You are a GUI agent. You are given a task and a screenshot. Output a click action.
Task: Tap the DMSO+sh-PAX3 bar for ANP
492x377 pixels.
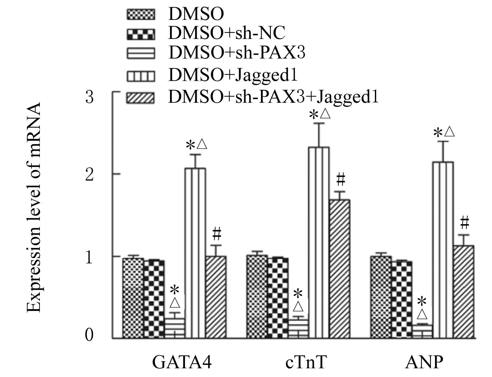[x=422, y=332]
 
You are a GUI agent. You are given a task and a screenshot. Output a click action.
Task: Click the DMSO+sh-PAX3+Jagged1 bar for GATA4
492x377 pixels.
[x=216, y=297]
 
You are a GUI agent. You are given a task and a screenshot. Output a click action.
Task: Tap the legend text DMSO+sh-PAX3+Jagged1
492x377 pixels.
[x=273, y=97]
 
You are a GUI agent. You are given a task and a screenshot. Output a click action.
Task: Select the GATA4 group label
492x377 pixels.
[x=182, y=362]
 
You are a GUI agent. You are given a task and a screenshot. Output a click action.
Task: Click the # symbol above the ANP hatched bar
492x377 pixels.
[x=464, y=223]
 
